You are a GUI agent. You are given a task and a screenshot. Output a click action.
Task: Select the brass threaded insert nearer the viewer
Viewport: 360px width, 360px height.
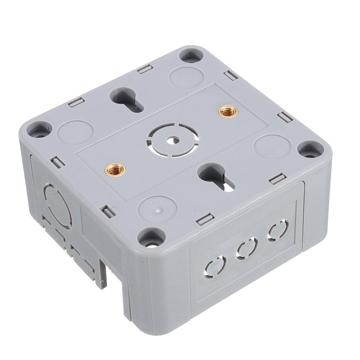pos(116,170)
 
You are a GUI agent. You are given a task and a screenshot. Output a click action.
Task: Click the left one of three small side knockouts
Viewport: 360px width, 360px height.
pos(215,265)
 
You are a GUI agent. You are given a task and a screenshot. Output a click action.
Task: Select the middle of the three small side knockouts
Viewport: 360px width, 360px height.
pos(247,248)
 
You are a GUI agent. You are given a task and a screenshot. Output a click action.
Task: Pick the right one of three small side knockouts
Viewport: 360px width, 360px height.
pos(278,230)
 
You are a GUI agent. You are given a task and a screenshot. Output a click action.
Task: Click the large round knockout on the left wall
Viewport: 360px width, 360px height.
pos(57,207)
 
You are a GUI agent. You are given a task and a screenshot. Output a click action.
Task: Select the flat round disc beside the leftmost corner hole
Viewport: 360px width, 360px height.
pos(75,132)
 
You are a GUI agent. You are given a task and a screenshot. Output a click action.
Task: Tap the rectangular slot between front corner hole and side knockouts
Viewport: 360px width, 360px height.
pos(205,220)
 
